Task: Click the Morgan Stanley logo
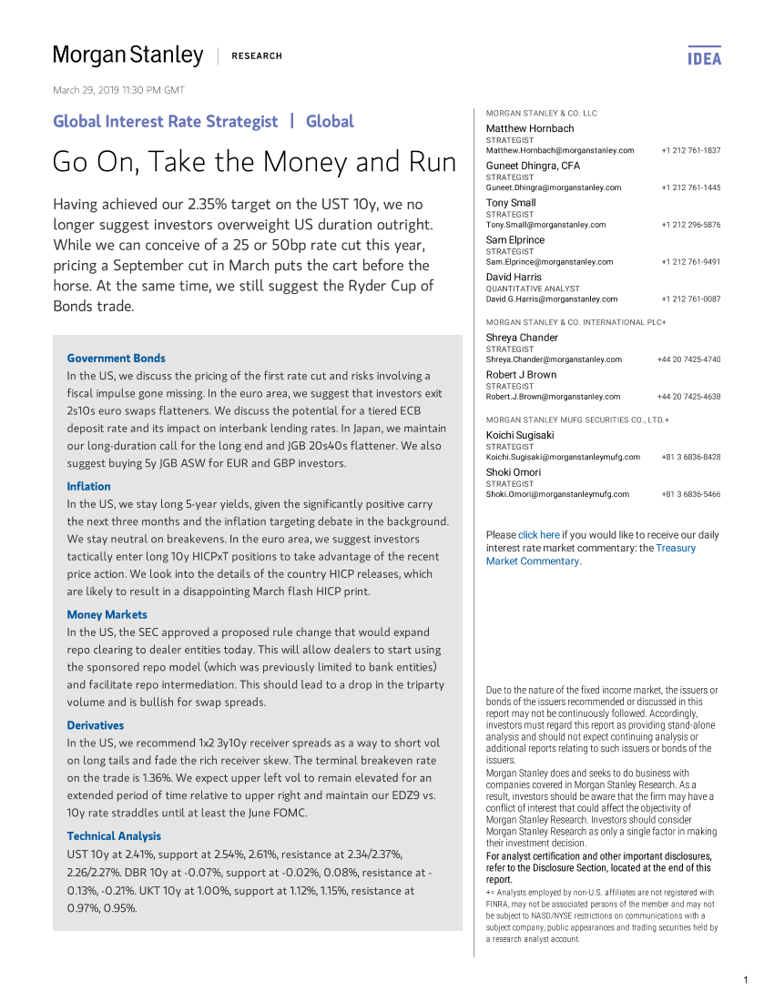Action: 127,56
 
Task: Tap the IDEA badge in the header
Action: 704,58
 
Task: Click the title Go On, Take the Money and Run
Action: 255,162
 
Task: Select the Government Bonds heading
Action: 117,359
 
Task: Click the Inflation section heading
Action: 88,487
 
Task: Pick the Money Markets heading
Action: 107,615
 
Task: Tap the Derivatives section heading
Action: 96,725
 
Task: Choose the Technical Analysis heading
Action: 114,836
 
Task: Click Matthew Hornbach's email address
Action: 560,150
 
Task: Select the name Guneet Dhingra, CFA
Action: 533,166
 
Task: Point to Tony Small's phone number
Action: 690,225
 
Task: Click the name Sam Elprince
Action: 515,240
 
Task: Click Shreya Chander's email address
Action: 554,359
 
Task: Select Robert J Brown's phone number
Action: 688,397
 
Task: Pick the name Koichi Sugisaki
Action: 524,435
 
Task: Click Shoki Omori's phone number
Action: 690,494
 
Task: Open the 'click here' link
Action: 538,535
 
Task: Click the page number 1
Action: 745,980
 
